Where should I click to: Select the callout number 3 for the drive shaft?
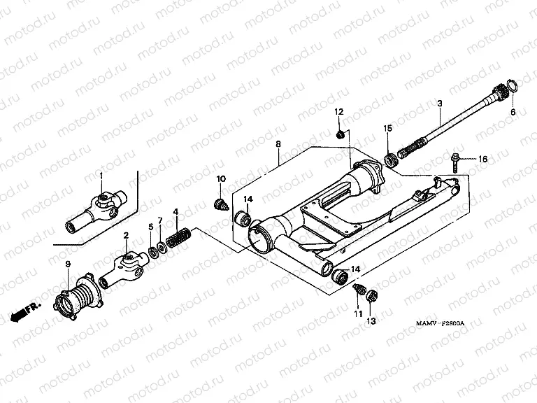click(439, 104)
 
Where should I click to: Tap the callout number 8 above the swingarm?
click(278, 144)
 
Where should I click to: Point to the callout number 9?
click(68, 263)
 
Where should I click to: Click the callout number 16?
click(482, 160)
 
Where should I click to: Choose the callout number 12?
click(338, 112)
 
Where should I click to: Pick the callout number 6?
click(513, 112)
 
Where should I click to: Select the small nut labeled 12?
click(340, 133)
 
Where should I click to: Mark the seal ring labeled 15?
click(392, 160)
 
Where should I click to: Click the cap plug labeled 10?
click(221, 204)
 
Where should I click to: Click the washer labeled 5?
click(152, 250)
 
